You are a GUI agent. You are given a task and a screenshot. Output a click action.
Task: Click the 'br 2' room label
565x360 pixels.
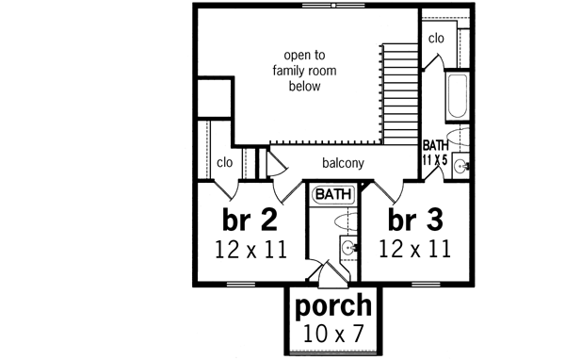coord(250,220)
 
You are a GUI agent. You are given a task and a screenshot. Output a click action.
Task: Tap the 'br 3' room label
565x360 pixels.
coord(415,220)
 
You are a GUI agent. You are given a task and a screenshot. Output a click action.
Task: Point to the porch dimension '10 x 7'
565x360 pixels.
coord(333,332)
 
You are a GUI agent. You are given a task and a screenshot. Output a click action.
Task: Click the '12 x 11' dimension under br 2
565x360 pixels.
coord(250,249)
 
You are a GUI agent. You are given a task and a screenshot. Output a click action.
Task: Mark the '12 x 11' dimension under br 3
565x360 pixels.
coord(415,249)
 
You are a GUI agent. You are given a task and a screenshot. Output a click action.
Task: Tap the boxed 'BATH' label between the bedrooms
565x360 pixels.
coord(332,194)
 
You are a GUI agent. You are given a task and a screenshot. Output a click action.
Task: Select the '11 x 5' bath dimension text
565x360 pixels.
coord(435,159)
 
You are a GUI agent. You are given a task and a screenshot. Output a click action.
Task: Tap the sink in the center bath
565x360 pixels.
coord(348,249)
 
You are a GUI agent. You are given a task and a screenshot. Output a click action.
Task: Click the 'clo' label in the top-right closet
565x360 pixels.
coord(436,39)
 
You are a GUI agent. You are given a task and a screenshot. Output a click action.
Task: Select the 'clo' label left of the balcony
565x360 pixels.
coord(224,162)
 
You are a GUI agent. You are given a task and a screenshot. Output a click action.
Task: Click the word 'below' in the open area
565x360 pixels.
coord(305,86)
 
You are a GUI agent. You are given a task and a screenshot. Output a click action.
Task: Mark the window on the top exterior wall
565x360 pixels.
coord(320,6)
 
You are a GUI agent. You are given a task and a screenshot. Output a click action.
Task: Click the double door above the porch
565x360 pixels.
coord(333,276)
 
